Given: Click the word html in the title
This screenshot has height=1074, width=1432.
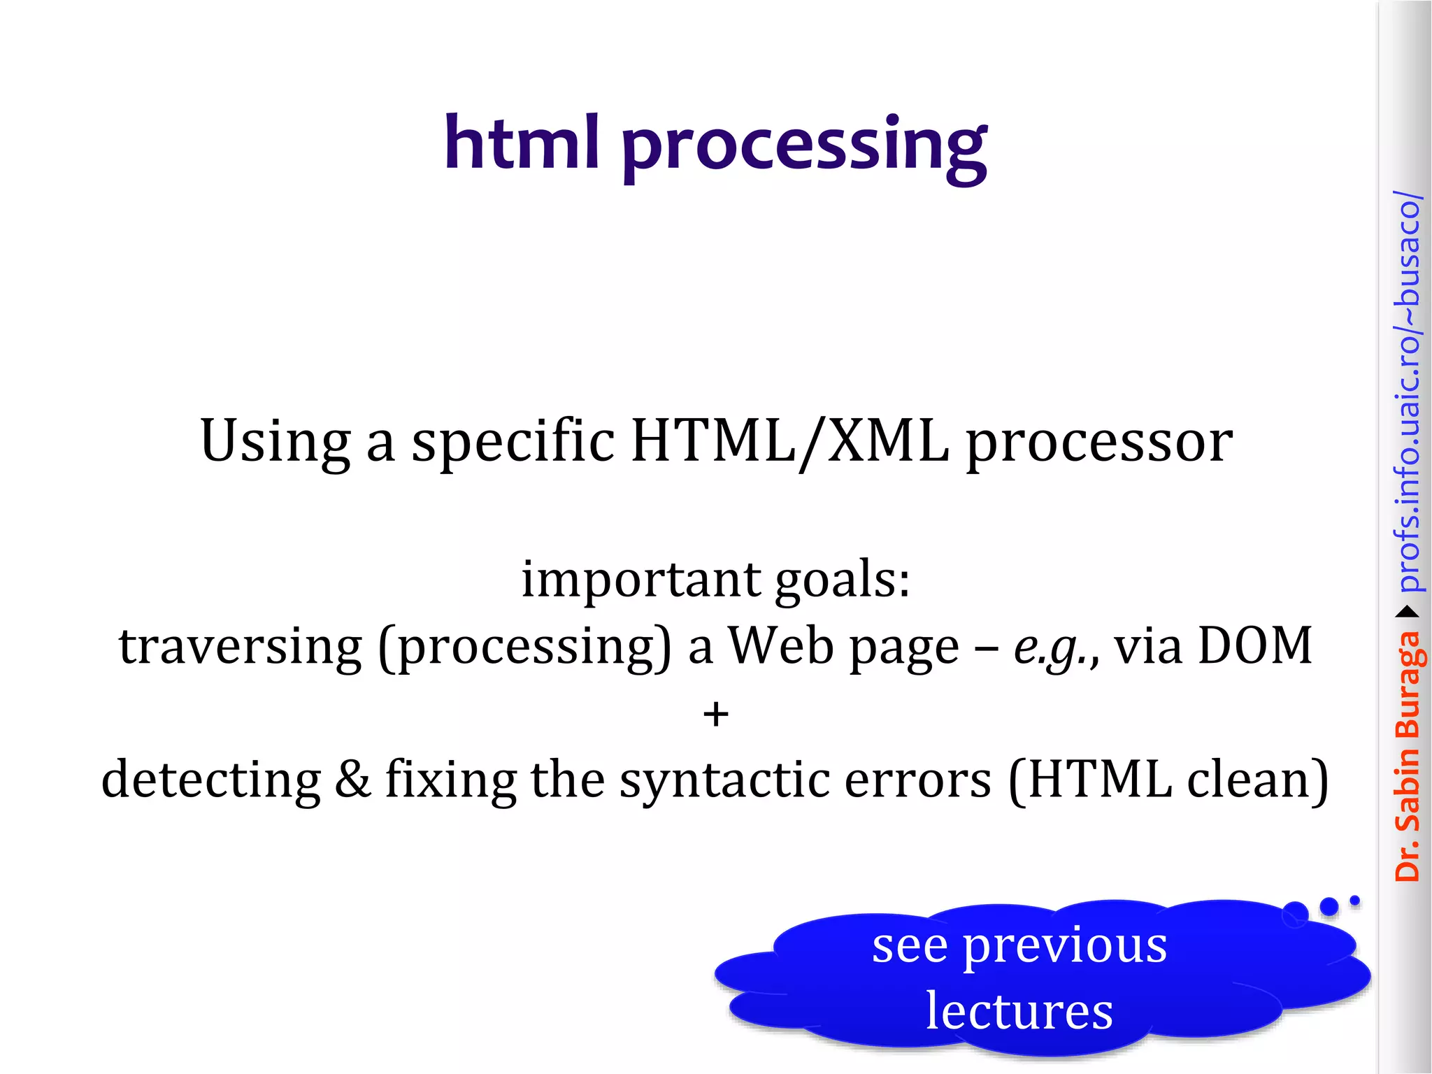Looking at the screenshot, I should pyautogui.click(x=522, y=143).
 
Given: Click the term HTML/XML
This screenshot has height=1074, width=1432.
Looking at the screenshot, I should pyautogui.click(x=789, y=443).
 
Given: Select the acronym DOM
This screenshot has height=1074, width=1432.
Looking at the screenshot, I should pyautogui.click(x=1255, y=645).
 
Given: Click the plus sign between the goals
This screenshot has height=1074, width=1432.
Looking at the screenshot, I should pyautogui.click(x=715, y=715).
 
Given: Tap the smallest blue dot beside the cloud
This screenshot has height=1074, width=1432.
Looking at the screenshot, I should pyautogui.click(x=1354, y=901).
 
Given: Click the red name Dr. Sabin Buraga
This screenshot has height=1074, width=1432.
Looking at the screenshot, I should pyautogui.click(x=1407, y=755).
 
